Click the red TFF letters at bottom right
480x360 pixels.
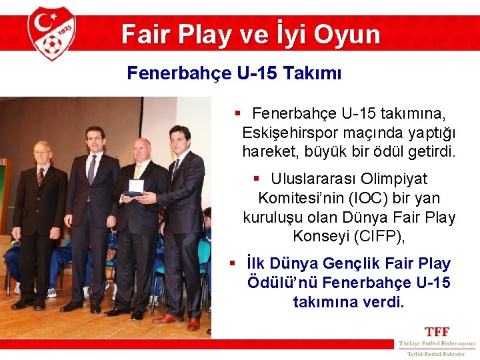click(x=437, y=331)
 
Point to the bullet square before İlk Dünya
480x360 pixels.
click(x=232, y=264)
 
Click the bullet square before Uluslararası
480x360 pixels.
click(x=257, y=179)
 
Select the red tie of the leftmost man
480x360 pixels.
click(x=41, y=177)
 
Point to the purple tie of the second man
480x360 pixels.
click(x=92, y=170)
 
